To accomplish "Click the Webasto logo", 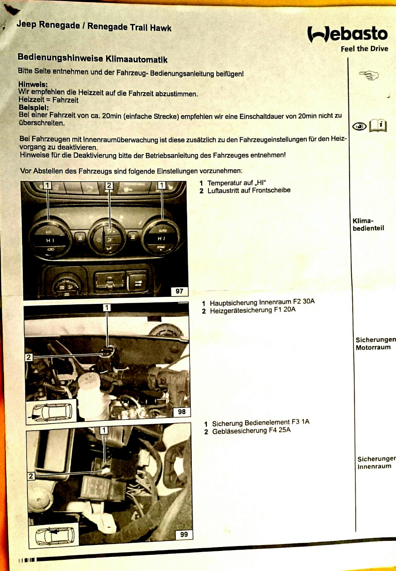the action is point(348,34).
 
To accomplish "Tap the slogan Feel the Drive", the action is point(364,49).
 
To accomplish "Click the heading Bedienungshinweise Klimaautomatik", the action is point(92,58).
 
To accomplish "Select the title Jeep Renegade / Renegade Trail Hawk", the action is point(94,26).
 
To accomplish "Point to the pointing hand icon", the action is point(369,75).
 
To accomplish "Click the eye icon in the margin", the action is point(359,126).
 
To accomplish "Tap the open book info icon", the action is point(378,126).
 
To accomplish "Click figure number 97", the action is point(179,291).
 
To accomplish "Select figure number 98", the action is point(181,412).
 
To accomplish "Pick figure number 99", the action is point(184,535).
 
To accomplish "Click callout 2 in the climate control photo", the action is point(109,185).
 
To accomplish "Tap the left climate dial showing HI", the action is point(50,239).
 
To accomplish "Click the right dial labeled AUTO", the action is point(161,239).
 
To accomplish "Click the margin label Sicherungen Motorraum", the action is point(376,344).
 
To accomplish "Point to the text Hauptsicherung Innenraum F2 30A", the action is point(262,302).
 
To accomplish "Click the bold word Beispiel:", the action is point(34,107).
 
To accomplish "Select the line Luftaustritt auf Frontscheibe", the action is point(249,191).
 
